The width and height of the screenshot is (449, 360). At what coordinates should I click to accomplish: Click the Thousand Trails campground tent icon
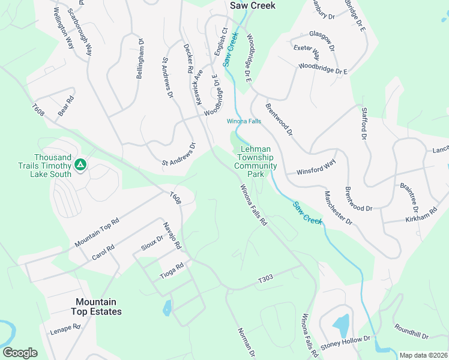79,164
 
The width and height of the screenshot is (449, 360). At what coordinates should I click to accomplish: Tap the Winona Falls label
244,121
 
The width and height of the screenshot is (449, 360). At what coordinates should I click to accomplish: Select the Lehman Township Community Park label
256,161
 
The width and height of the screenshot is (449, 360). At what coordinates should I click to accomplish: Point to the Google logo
20,353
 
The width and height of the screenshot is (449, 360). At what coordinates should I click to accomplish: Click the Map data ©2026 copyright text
423,355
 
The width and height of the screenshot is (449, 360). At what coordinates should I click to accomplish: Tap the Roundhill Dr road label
411,332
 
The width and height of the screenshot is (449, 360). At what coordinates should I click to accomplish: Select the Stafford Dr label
363,124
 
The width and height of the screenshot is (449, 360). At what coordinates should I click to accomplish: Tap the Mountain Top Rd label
97,232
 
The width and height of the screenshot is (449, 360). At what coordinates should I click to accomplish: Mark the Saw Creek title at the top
253,5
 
